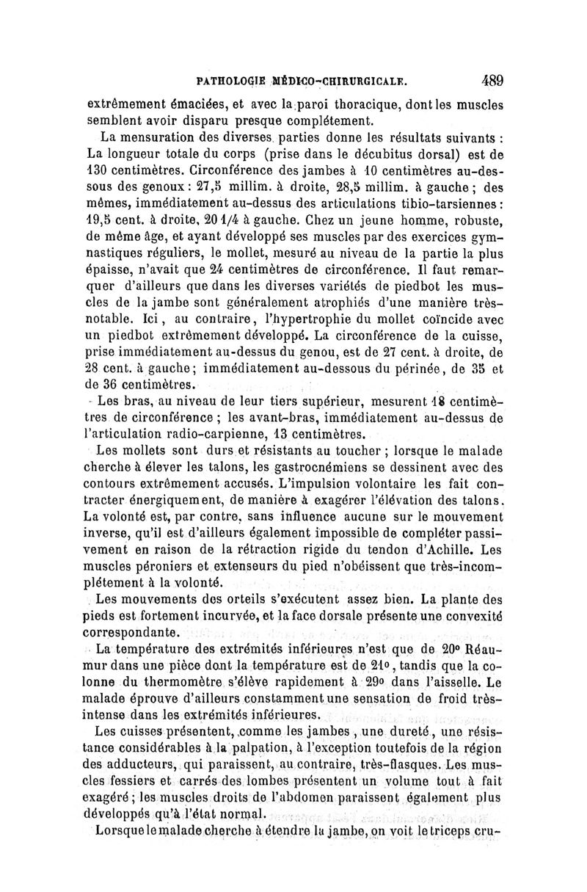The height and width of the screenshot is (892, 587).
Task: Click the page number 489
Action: [x=487, y=81]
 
